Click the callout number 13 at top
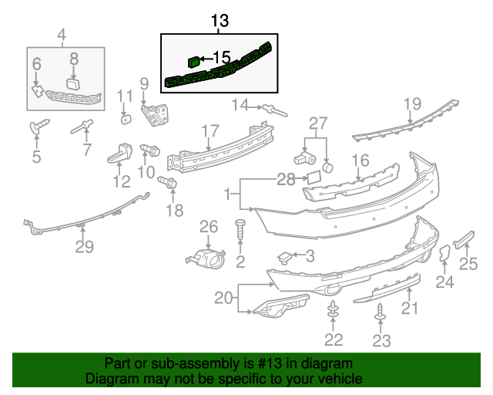point(220,21)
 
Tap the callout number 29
point(84,247)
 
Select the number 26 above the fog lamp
point(210,226)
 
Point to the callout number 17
point(210,130)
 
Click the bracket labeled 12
point(119,153)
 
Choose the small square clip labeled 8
point(74,83)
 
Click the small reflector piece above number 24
point(444,256)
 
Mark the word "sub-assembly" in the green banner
point(170,363)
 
